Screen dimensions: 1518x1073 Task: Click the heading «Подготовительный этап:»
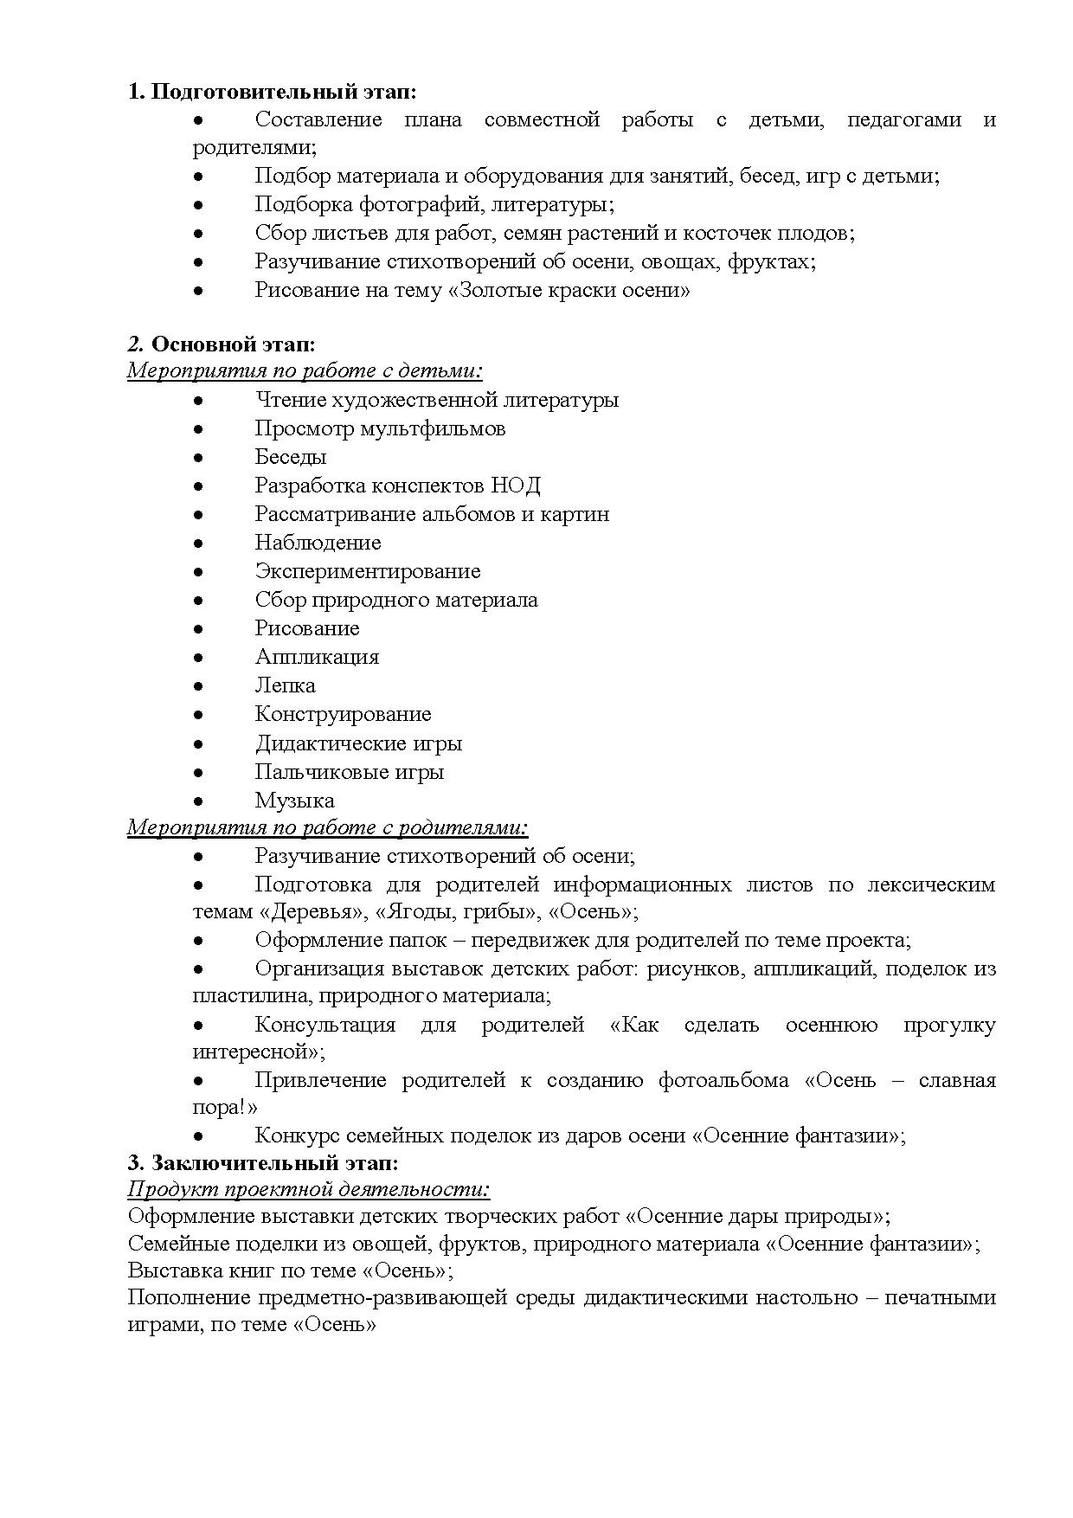(x=283, y=92)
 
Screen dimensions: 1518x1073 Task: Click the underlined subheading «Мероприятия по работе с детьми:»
(x=305, y=371)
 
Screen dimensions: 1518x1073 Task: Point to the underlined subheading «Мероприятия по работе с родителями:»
(x=328, y=827)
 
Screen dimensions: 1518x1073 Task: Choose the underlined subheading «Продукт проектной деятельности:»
(x=309, y=1189)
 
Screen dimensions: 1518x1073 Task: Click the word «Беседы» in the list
(x=291, y=457)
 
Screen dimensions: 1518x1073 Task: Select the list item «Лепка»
(x=285, y=685)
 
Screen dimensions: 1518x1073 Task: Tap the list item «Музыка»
(x=294, y=801)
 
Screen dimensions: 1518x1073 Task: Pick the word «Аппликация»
(x=317, y=657)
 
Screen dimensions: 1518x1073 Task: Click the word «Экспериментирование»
(x=368, y=571)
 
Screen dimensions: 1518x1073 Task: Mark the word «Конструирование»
(x=343, y=714)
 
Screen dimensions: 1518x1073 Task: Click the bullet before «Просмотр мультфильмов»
(x=198, y=429)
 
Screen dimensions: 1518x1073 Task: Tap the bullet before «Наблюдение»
(x=198, y=544)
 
